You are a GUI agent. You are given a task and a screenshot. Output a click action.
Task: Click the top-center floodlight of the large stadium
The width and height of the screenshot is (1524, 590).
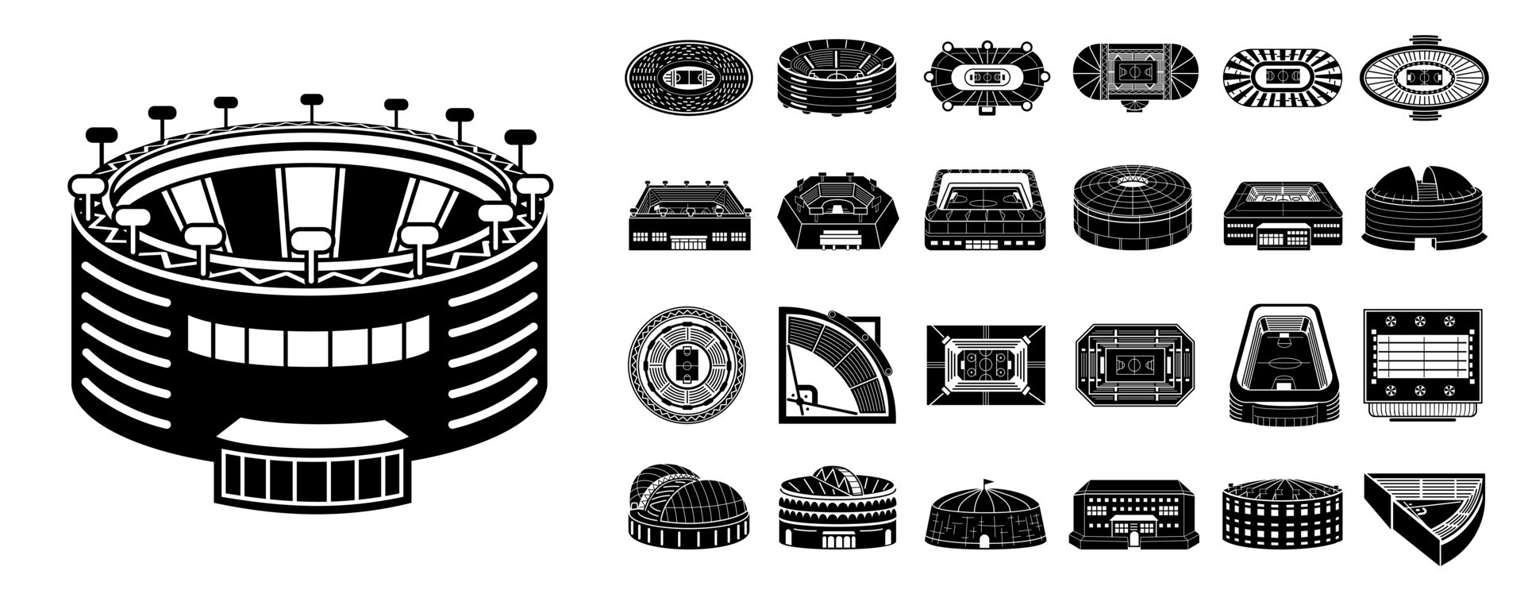pyautogui.click(x=311, y=100)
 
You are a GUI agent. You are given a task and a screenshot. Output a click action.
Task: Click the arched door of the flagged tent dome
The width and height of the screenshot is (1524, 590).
pyautogui.click(x=984, y=539)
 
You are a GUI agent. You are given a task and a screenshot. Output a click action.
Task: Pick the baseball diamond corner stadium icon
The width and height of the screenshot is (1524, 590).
pyautogui.click(x=829, y=365)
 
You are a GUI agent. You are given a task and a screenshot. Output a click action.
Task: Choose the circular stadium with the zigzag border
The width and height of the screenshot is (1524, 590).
pyautogui.click(x=687, y=366)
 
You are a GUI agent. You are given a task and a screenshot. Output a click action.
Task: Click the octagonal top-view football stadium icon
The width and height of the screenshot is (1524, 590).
pyautogui.click(x=1135, y=365)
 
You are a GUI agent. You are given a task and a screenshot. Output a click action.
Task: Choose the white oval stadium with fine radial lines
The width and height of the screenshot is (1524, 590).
pyautogui.click(x=1423, y=77)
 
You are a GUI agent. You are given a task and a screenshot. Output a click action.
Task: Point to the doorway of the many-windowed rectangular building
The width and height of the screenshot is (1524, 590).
pyautogui.click(x=1133, y=538)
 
